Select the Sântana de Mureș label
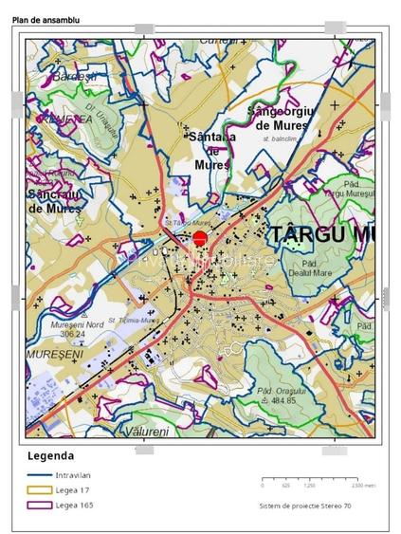213,150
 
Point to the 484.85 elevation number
284,401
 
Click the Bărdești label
76,76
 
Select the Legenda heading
52,456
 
